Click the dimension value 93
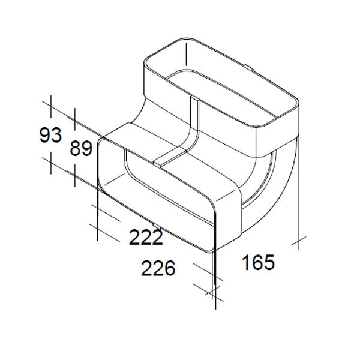50,135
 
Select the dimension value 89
81,148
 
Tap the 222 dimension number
146,237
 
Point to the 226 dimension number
158,268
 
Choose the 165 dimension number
258,262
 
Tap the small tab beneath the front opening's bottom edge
157,225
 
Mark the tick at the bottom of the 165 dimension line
299,241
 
